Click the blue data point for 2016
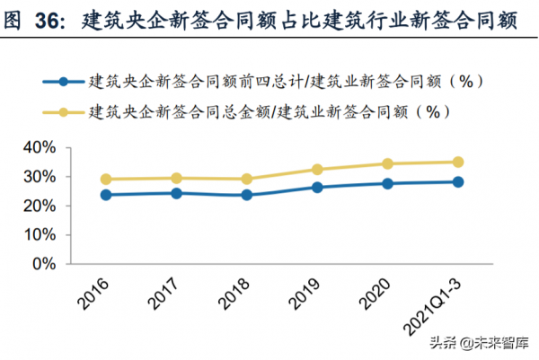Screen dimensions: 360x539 pos(107,195)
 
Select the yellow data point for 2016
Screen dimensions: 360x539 pos(107,179)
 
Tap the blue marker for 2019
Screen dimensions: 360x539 pos(317,187)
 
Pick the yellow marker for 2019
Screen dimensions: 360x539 pos(317,169)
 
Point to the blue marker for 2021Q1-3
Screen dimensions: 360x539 pos(458,181)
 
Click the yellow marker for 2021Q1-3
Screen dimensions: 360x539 pos(458,162)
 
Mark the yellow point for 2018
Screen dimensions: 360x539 pos(247,179)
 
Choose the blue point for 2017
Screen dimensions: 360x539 pos(177,193)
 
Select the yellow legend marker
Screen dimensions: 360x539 pos(63,112)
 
